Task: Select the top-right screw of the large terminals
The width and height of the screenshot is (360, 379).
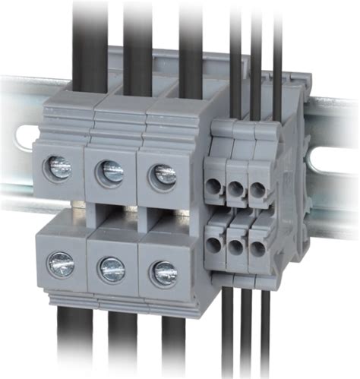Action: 163,175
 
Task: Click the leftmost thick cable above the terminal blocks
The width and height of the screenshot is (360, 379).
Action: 89,38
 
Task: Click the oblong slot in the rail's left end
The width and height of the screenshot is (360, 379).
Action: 23,136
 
